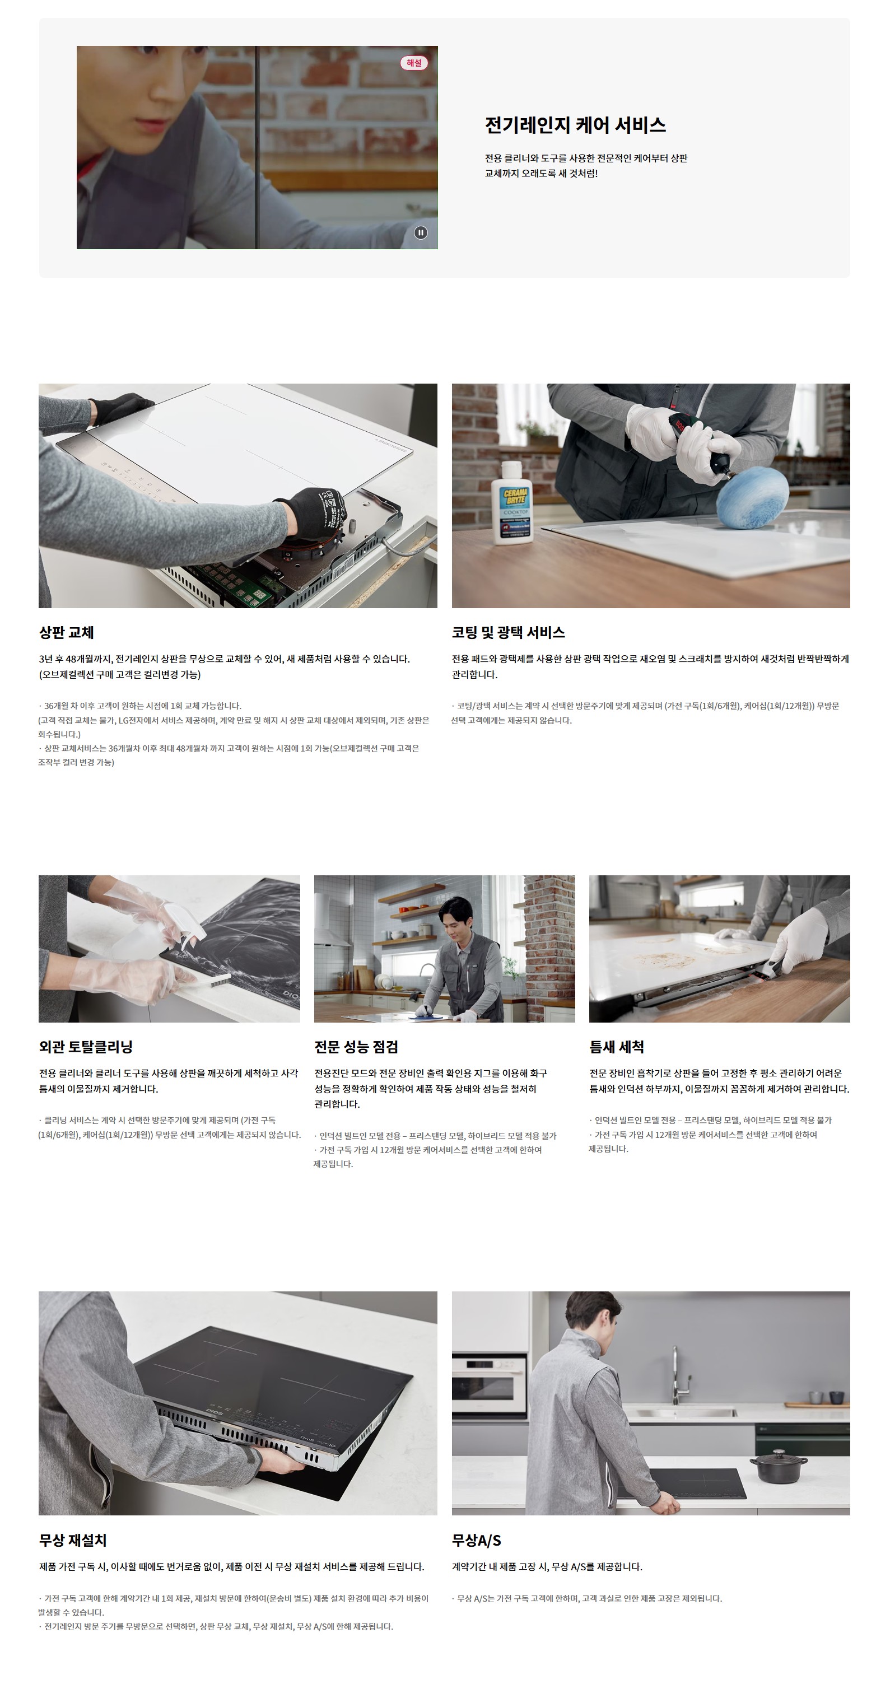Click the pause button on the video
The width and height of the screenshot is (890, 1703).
tap(421, 233)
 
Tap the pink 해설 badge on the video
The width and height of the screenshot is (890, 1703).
tap(414, 63)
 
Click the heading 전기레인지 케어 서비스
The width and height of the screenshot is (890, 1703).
tap(575, 125)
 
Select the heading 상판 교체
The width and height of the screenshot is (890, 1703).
tap(66, 633)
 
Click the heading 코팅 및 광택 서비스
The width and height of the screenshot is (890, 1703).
tap(508, 633)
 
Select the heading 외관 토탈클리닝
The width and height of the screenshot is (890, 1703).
tap(86, 1047)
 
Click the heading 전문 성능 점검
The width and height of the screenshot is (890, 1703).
tap(356, 1047)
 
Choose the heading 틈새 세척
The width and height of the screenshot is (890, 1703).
tap(616, 1047)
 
